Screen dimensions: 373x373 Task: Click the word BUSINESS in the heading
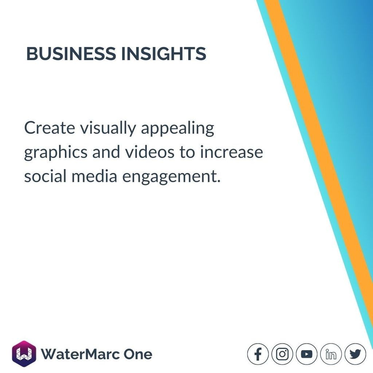point(71,54)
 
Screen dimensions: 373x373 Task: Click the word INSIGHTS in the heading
point(164,54)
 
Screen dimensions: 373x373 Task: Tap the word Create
point(50,128)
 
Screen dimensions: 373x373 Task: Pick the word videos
point(150,152)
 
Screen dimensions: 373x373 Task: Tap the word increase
point(231,152)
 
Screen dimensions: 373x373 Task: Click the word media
point(94,177)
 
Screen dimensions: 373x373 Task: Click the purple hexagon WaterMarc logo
point(24,354)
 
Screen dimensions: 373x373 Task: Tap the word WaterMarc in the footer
point(80,354)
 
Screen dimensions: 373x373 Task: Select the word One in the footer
point(138,354)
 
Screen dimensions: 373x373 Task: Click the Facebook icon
point(258,354)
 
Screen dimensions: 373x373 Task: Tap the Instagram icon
point(282,354)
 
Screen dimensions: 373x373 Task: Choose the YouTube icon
point(307,354)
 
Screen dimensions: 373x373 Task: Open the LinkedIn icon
point(331,354)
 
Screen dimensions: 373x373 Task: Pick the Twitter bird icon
point(355,354)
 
